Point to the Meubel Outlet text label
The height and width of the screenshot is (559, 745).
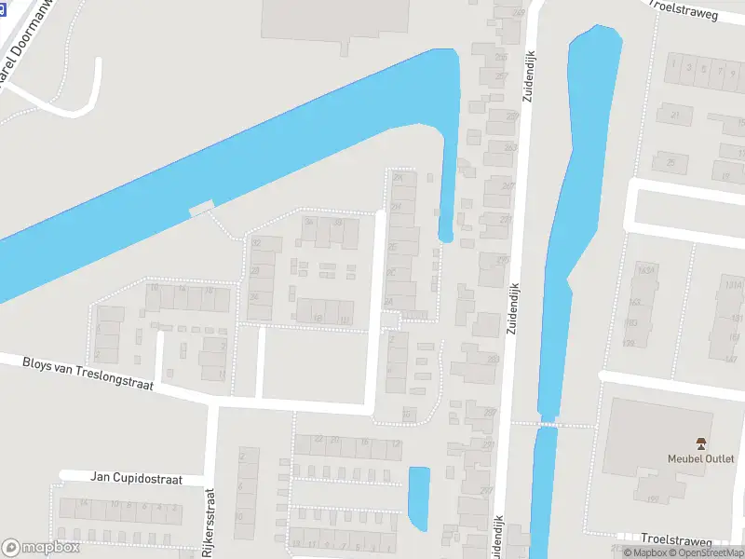click(x=700, y=458)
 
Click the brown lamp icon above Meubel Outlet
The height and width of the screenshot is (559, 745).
click(x=700, y=442)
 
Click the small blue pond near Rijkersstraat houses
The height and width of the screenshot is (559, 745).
click(x=419, y=498)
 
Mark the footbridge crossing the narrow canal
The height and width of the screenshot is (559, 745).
click(x=549, y=425)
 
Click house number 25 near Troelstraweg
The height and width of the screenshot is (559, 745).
click(x=670, y=162)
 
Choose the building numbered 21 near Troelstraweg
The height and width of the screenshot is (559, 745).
click(x=675, y=115)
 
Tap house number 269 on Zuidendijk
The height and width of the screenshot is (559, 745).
click(x=519, y=12)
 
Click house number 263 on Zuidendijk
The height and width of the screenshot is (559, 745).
click(x=510, y=147)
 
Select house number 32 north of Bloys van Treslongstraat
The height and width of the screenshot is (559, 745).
click(x=255, y=243)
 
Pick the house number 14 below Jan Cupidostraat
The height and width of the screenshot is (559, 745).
click(x=83, y=503)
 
